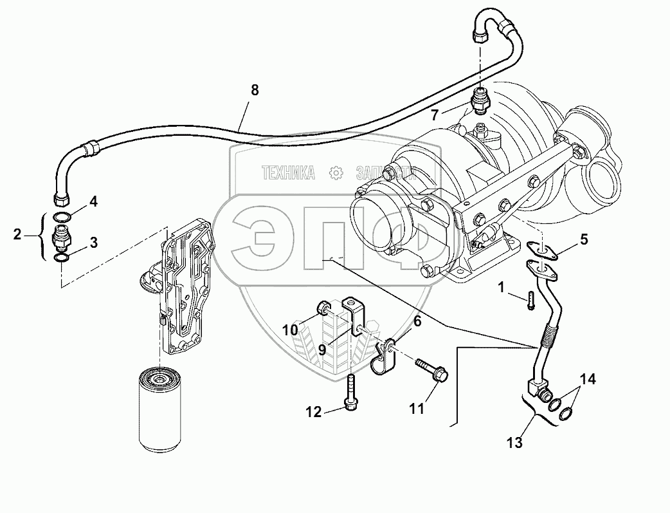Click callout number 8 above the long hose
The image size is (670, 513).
(255, 91)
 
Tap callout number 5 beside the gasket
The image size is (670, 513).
(584, 240)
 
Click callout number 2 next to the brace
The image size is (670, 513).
(17, 234)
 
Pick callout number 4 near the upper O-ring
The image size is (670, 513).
(93, 201)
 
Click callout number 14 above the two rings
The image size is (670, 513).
(588, 380)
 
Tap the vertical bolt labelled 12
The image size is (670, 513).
(350, 392)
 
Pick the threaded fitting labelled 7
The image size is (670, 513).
(480, 100)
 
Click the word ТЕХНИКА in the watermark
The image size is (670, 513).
(288, 173)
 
